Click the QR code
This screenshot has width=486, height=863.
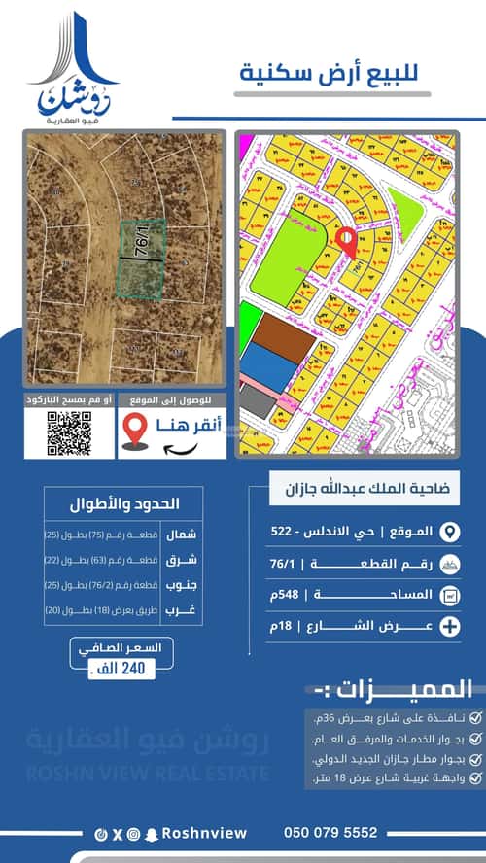coord(69,433)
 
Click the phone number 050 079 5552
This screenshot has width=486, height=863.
coord(330,833)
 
